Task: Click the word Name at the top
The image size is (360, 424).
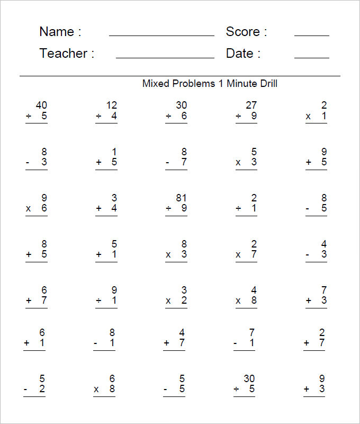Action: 56,32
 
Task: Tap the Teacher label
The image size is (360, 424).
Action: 63,54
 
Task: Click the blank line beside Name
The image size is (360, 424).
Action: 161,36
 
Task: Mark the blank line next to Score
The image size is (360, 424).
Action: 311,36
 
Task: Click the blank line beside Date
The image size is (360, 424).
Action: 311,57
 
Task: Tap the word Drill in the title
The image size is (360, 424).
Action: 268,84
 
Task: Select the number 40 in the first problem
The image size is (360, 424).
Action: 41,105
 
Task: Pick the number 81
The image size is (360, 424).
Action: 182,198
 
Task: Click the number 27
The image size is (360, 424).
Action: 251,105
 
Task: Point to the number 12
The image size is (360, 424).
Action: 112,105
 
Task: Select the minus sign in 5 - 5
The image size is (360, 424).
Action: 166,390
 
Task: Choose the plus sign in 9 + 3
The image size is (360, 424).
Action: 308,390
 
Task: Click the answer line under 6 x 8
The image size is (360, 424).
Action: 105,397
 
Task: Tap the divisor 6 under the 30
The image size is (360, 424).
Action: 184,116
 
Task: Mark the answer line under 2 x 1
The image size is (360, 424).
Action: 316,123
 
